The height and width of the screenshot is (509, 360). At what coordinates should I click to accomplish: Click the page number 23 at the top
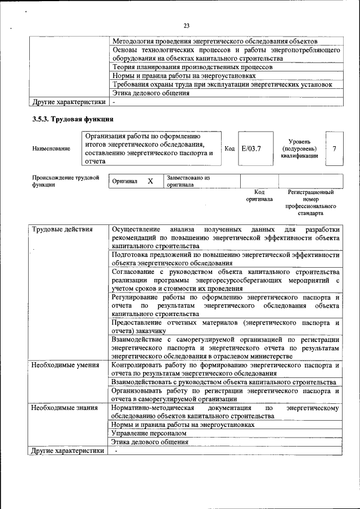click(186, 25)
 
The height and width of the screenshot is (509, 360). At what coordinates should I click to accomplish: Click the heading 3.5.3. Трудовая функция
click(73, 119)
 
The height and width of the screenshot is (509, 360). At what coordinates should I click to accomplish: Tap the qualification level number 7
click(334, 148)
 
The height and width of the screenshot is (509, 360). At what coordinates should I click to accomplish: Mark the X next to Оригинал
click(150, 181)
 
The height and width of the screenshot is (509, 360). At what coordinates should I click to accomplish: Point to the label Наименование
click(51, 148)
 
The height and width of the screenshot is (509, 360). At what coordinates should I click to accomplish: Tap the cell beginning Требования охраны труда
click(222, 84)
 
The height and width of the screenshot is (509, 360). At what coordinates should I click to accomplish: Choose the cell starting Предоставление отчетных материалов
click(225, 327)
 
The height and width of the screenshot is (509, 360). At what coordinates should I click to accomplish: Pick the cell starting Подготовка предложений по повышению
click(225, 259)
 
